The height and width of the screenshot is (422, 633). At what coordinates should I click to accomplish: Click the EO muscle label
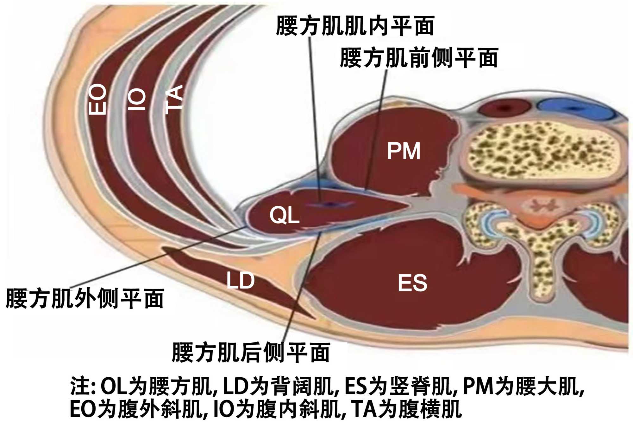(x=97, y=99)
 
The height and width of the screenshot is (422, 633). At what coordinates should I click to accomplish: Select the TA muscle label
(x=174, y=99)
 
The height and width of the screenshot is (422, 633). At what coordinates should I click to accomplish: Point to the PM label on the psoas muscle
(x=404, y=151)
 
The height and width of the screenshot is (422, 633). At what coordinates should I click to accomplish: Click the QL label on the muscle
(x=284, y=215)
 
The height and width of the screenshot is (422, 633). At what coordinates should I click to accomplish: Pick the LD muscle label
(x=241, y=281)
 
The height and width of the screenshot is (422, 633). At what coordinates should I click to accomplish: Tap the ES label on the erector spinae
(x=412, y=283)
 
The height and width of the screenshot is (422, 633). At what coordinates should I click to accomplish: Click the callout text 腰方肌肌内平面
(x=355, y=26)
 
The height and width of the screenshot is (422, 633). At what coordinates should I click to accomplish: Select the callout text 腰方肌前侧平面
(x=419, y=58)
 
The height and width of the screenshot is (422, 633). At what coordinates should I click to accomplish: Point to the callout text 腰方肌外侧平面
(x=85, y=299)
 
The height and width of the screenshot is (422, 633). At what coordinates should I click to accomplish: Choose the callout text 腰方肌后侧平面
(x=251, y=353)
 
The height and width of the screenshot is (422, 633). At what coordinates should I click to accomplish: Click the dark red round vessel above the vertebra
(x=504, y=108)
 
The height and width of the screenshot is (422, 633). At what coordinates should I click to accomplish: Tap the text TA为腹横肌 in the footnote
(x=406, y=409)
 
